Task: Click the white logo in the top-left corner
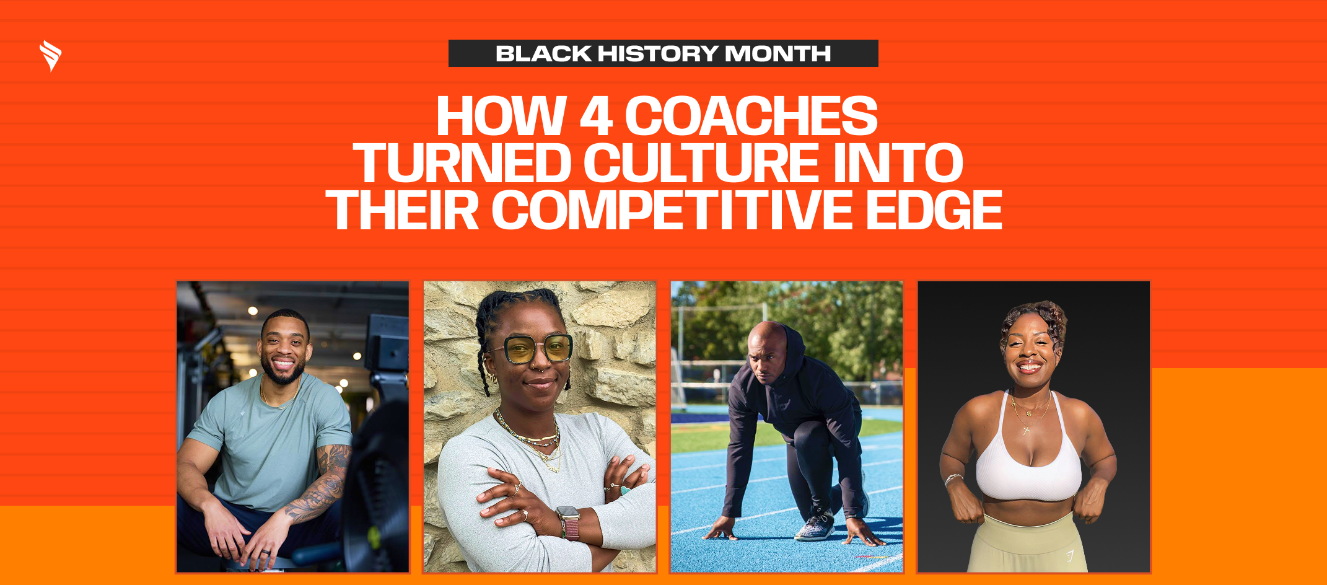tap(50, 56)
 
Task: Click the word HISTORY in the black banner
tap(657, 54)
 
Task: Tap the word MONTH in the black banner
tap(777, 54)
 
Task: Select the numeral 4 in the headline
tap(596, 117)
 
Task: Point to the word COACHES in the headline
tap(751, 117)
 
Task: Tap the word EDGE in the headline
tap(934, 211)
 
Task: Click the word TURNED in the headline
tap(462, 164)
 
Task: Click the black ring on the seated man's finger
tap(265, 551)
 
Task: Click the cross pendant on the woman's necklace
tap(1026, 429)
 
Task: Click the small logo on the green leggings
tap(1070, 555)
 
